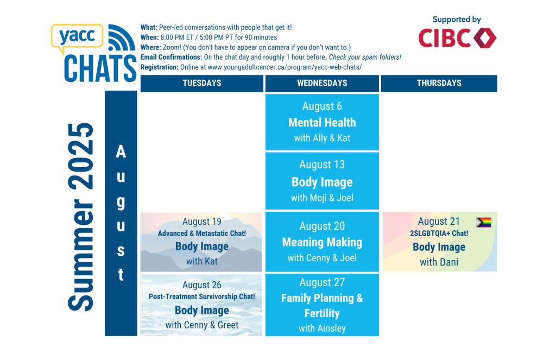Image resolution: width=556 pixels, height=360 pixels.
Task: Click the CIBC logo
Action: click(x=457, y=38)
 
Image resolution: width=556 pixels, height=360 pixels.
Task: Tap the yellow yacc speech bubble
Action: click(x=77, y=37)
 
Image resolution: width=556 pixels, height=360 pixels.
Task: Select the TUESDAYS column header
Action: click(x=202, y=84)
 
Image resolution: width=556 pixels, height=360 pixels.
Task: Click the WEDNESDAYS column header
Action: click(x=322, y=84)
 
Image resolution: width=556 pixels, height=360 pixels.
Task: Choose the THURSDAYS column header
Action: click(x=439, y=84)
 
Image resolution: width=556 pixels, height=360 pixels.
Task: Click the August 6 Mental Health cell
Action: click(x=322, y=122)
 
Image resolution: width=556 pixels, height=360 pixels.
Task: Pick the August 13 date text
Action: click(x=322, y=165)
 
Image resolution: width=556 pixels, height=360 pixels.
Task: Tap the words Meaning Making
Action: click(x=322, y=242)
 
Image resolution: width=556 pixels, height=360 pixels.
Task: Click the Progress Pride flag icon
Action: click(x=484, y=223)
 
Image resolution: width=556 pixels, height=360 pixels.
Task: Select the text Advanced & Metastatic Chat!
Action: click(x=202, y=233)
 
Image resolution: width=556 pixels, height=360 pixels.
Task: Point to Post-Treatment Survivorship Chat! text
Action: click(x=202, y=296)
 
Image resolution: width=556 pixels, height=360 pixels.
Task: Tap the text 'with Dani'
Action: click(x=439, y=262)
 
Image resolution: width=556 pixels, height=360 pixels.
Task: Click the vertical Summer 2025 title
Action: click(x=81, y=217)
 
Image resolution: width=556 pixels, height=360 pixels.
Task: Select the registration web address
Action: click(x=285, y=67)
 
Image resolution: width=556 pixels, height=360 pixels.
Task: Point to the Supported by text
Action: click(x=457, y=20)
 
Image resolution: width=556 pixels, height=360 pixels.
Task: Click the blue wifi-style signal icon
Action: click(x=121, y=37)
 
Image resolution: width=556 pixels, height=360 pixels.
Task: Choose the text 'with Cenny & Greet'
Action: click(x=202, y=325)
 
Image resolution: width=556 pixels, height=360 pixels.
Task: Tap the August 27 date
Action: click(x=322, y=282)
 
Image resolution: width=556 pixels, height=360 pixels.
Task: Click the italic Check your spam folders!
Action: click(x=365, y=57)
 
